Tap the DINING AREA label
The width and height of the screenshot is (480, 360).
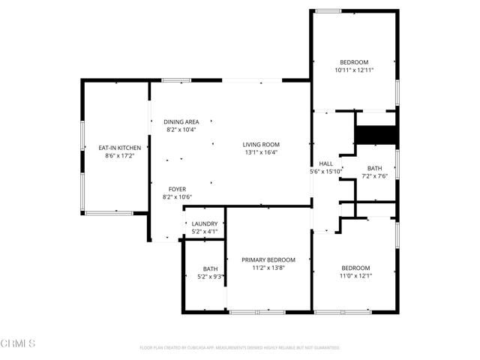pyautogui.click(x=181, y=121)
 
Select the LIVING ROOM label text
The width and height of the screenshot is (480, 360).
pyautogui.click(x=260, y=145)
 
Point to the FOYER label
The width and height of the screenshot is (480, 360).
pyautogui.click(x=177, y=189)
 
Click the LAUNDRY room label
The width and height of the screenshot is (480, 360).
pyautogui.click(x=205, y=223)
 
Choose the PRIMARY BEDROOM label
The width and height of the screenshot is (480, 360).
pyautogui.click(x=268, y=259)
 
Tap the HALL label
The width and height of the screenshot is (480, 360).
pyautogui.click(x=325, y=163)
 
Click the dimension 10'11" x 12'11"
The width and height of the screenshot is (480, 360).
pyautogui.click(x=354, y=70)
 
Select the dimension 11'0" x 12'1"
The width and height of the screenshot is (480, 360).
pyautogui.click(x=355, y=275)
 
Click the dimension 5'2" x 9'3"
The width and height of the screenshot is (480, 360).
pyautogui.click(x=210, y=277)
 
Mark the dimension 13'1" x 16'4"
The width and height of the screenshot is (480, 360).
pyautogui.click(x=260, y=152)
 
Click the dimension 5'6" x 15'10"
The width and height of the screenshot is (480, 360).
pyautogui.click(x=325, y=171)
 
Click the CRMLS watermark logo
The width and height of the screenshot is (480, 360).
pyautogui.click(x=19, y=343)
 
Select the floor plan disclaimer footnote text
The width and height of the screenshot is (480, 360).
pyautogui.click(x=240, y=347)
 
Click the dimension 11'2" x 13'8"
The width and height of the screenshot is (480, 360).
pyautogui.click(x=268, y=268)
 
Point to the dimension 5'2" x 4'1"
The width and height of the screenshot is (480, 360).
pyautogui.click(x=205, y=231)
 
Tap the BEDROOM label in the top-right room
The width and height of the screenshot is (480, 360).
pyautogui.click(x=354, y=62)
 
